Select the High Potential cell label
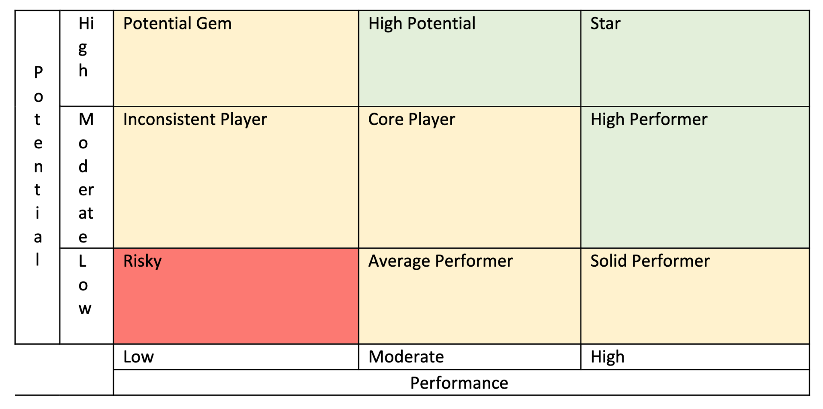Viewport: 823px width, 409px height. [x=422, y=24]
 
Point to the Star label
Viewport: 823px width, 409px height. [x=605, y=24]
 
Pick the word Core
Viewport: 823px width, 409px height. [x=386, y=119]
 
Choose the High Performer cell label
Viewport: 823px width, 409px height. [x=649, y=119]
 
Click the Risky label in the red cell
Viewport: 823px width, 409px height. [x=142, y=261]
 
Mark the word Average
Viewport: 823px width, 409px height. [x=399, y=261]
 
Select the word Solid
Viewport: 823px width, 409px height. [x=609, y=261]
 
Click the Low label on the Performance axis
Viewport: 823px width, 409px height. [x=138, y=357]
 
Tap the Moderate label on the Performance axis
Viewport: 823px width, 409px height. [x=406, y=357]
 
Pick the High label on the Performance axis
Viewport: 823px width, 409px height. [x=608, y=357]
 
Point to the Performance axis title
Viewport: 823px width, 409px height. [x=459, y=383]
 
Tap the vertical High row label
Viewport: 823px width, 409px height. [x=85, y=47]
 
